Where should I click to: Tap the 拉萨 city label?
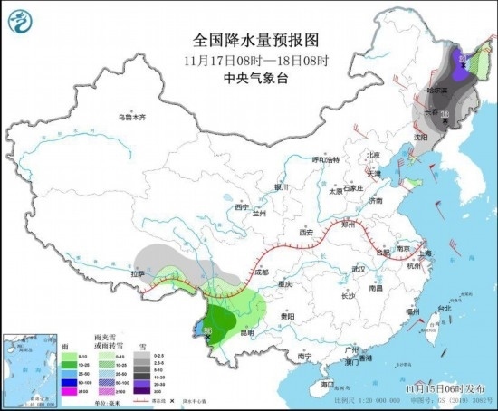pos(138,272)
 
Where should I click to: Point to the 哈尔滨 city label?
pos(439,91)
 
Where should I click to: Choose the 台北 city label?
pos(444,308)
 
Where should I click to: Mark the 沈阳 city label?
pos(419,137)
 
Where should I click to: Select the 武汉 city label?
pos(357,269)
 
